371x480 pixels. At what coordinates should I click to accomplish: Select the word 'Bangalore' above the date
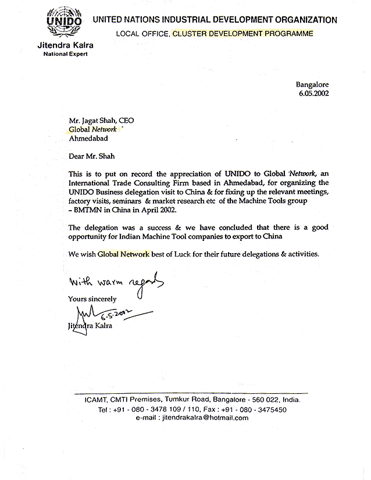(313, 83)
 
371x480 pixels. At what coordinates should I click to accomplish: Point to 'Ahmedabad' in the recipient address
(88, 139)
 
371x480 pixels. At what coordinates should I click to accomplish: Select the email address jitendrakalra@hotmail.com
(199, 418)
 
